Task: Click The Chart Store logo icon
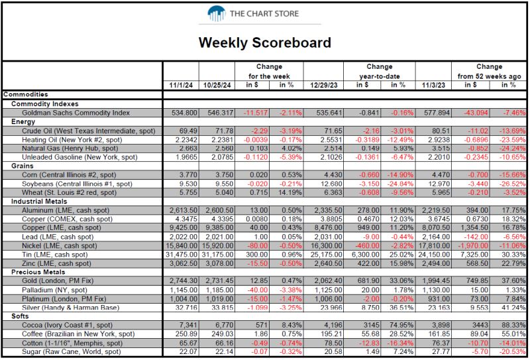pyautogui.click(x=217, y=13)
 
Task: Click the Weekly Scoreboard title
pyautogui.click(x=264, y=42)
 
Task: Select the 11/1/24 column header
pyautogui.click(x=181, y=86)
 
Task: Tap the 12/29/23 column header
pyautogui.click(x=324, y=86)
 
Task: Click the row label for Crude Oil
pyautogui.click(x=89, y=131)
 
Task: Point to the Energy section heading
pyautogui.click(x=23, y=122)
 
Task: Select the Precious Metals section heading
pyautogui.click(x=38, y=272)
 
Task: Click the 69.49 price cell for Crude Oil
pyautogui.click(x=188, y=131)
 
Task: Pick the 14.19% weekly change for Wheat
pyautogui.click(x=291, y=192)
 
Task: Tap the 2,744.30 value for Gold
pyautogui.click(x=184, y=280)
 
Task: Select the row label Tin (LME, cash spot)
pyautogui.click(x=55, y=255)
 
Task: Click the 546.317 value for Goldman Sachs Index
pyautogui.click(x=219, y=113)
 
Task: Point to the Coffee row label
pyautogui.click(x=78, y=334)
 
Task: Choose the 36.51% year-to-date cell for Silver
pyautogui.click(x=401, y=308)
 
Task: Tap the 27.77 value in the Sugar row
pyautogui.click(x=442, y=351)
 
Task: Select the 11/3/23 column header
pyautogui.click(x=434, y=86)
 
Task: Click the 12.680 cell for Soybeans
pyautogui.click(x=333, y=184)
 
